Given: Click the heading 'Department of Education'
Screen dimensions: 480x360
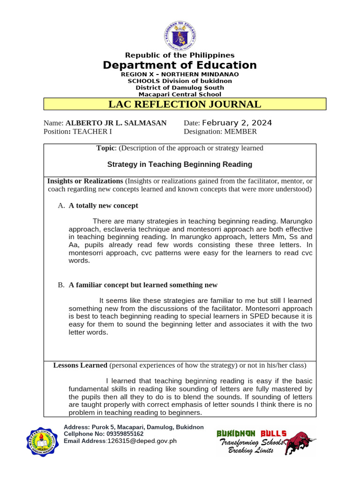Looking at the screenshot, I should [x=180, y=65].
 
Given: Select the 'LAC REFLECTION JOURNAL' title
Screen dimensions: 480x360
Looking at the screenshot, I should [x=184, y=104].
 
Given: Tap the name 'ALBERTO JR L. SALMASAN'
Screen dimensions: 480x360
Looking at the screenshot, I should [x=116, y=123].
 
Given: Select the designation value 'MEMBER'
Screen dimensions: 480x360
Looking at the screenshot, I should [x=240, y=132].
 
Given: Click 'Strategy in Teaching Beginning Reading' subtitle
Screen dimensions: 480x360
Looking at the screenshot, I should [x=180, y=165].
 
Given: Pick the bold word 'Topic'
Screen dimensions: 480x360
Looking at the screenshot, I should [x=105, y=148].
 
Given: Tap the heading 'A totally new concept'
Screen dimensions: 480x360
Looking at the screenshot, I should [x=103, y=206].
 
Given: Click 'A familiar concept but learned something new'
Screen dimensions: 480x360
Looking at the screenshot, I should [x=143, y=285].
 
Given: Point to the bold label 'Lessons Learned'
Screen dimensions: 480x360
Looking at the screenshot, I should [x=80, y=365].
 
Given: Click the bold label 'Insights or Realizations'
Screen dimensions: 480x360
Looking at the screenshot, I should [x=85, y=181].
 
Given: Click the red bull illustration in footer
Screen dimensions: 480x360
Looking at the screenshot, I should [x=300, y=443].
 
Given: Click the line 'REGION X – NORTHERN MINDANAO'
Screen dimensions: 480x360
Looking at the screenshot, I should [x=180, y=75].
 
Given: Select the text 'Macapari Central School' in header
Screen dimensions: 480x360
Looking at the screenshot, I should [x=180, y=94].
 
